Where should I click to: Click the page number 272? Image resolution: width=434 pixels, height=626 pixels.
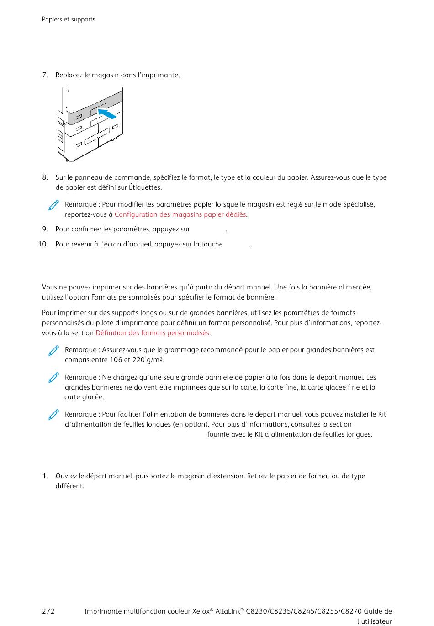coord(48,611)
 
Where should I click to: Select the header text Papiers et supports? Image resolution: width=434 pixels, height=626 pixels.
coord(69,20)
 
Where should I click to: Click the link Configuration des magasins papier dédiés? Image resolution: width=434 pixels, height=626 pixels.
coord(180,214)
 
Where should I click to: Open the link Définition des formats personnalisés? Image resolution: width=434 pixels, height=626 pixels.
coord(152,333)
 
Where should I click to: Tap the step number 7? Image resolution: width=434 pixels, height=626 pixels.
coord(45,75)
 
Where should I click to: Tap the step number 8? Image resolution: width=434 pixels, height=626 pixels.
coord(45,177)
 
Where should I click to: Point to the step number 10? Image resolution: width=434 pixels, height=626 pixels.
coord(43,244)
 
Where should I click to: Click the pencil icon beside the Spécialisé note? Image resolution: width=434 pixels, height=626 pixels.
coord(53,206)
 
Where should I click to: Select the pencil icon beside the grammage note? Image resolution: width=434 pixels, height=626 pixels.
coord(53,351)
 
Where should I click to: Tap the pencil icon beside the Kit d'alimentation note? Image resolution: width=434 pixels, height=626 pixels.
coord(53,415)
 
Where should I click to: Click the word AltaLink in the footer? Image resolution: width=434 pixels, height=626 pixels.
coord(229,611)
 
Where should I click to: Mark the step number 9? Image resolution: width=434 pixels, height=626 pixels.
coord(45,229)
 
